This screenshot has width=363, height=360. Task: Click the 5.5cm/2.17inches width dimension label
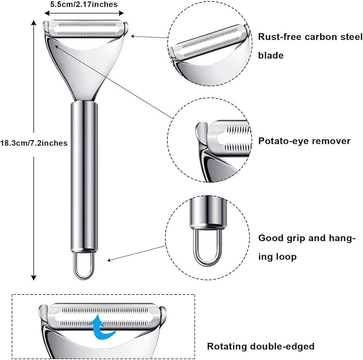[x=84, y=4]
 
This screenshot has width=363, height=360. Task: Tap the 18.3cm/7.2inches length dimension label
[x=34, y=143]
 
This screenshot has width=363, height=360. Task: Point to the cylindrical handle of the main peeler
[x=84, y=177]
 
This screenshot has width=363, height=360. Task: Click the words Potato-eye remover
[x=304, y=141]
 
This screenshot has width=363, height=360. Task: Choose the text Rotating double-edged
[x=261, y=346]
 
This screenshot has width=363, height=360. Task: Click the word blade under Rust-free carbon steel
[x=271, y=56]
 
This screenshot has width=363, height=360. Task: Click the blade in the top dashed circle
[x=209, y=42]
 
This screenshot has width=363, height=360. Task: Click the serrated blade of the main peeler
[x=86, y=29]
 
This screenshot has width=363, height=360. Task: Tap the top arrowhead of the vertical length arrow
[x=34, y=22]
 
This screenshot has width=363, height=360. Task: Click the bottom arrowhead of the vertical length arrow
[x=34, y=278]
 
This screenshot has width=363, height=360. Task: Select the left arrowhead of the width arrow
[x=47, y=13]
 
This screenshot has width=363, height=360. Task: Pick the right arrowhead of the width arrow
[x=121, y=13]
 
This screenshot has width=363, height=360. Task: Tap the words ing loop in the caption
[x=277, y=257]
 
